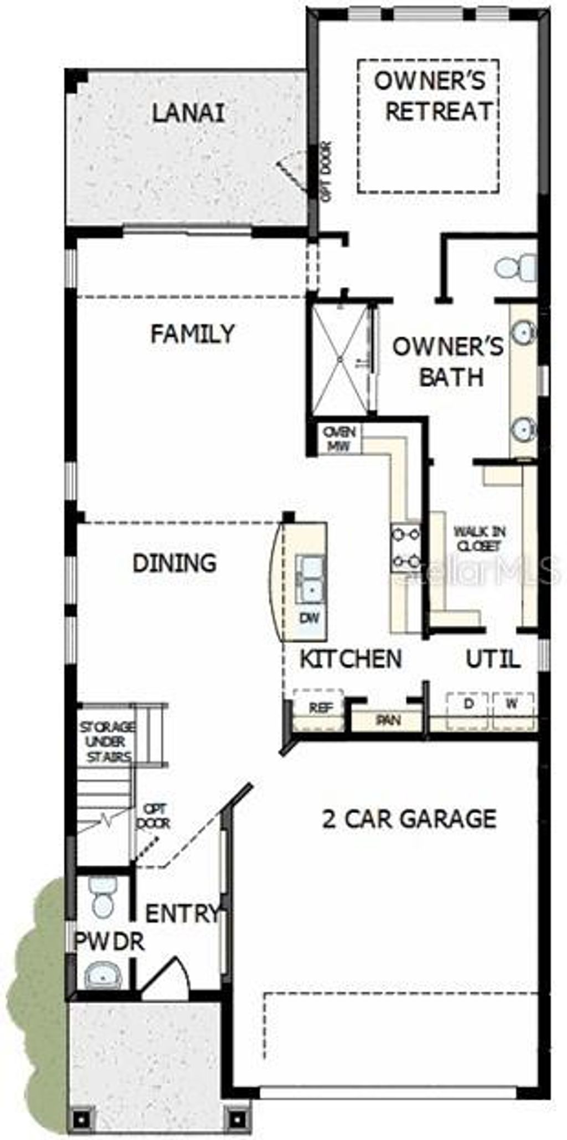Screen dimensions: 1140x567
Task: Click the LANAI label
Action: pyautogui.click(x=188, y=114)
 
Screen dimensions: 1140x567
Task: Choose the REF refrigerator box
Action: pyautogui.click(x=318, y=707)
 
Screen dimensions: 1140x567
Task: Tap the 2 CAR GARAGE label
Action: pyautogui.click(x=409, y=818)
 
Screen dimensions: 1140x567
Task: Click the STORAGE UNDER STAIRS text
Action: pyautogui.click(x=106, y=742)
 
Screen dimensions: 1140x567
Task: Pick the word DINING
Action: pyautogui.click(x=174, y=563)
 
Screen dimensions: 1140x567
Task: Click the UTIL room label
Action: pyautogui.click(x=492, y=659)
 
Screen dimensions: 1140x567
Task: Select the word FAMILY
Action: pyautogui.click(x=193, y=334)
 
